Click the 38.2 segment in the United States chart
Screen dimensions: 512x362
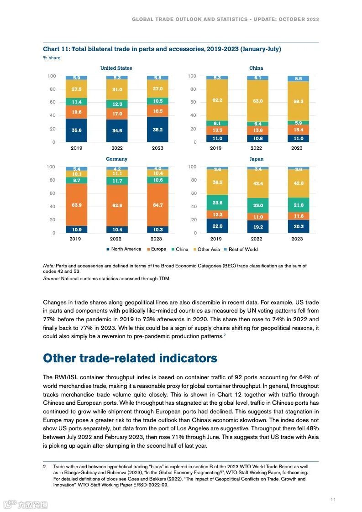(x=157, y=130)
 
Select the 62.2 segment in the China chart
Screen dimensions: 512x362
(x=217, y=100)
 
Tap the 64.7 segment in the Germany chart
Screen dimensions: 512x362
(x=157, y=205)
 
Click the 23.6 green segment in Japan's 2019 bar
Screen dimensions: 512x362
(x=217, y=203)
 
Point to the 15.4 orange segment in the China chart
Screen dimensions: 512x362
(x=298, y=130)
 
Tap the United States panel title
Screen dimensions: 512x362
(x=116, y=68)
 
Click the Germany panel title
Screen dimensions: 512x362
(x=116, y=159)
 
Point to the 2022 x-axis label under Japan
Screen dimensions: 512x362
(x=256, y=239)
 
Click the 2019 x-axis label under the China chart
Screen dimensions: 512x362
(x=215, y=148)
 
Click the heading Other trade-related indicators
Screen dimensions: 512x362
(x=130, y=358)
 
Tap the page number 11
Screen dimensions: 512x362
(x=333, y=499)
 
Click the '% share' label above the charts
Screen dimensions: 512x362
(x=52, y=58)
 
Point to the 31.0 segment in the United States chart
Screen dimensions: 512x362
(x=117, y=90)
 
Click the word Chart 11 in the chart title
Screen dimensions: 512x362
(x=55, y=49)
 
